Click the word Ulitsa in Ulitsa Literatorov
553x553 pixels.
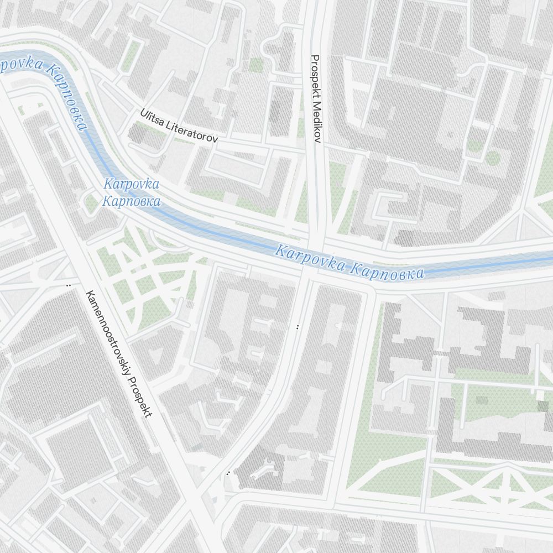[152, 118]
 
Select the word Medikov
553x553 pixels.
[316, 117]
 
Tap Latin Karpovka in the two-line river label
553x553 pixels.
[131, 184]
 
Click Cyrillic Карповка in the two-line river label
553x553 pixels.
[131, 201]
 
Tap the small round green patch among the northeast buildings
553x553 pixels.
[493, 158]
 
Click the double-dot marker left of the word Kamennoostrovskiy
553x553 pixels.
[69, 285]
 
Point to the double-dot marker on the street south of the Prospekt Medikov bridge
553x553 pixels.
[298, 327]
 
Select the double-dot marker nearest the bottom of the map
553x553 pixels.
[228, 473]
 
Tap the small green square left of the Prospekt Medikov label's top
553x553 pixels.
[256, 65]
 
